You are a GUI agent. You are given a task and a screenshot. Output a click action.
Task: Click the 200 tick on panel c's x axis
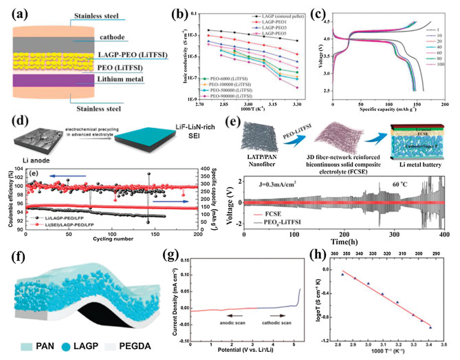tap(445, 105)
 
